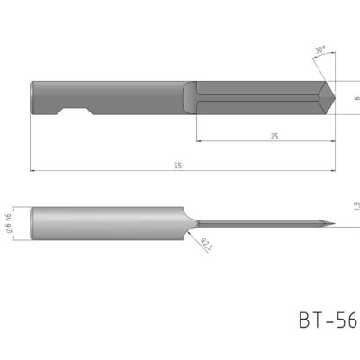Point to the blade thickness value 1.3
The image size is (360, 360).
355,207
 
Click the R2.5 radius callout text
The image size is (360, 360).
206,243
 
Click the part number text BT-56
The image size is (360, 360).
326,320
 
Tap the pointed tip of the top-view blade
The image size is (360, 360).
335,98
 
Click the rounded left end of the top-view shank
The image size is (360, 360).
33,98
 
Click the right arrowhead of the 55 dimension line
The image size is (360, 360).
334,170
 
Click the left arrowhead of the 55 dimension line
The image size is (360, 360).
32,170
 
